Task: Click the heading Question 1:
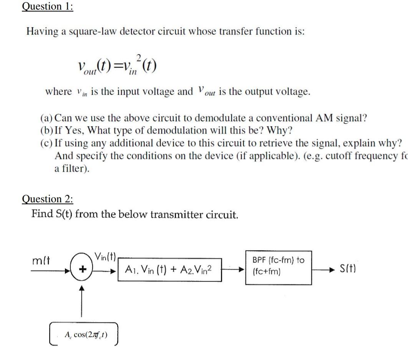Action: tap(47, 7)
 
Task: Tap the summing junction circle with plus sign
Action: tap(81, 270)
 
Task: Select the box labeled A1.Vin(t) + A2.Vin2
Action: tap(169, 269)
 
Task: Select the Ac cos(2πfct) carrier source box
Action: tap(84, 334)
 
